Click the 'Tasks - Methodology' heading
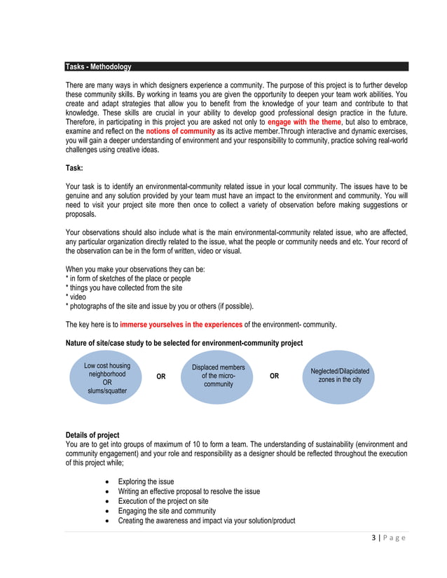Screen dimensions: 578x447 tap(98, 67)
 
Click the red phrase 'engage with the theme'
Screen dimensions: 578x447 tap(304, 121)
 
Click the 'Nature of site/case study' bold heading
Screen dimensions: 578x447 tap(184, 343)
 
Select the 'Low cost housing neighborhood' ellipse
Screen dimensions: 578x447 tap(107, 378)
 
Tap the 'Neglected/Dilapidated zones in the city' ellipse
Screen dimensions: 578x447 tap(339, 375)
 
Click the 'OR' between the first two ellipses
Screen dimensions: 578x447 tap(161, 376)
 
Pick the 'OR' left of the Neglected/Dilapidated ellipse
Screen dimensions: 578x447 tap(274, 376)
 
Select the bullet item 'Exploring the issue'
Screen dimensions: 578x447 tap(146, 481)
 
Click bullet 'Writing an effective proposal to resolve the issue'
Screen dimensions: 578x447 tap(188, 491)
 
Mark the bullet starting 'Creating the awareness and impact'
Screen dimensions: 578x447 tap(206, 521)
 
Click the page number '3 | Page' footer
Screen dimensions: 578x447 tap(389, 537)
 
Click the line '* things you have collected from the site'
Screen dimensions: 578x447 tap(123, 288)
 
